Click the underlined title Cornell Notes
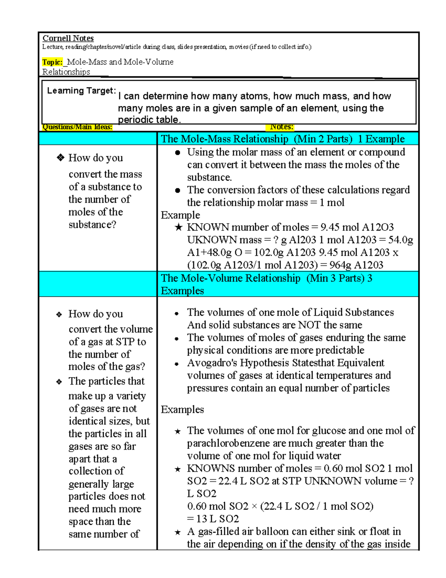pyautogui.click(x=68, y=38)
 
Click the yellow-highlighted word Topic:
pyautogui.click(x=52, y=62)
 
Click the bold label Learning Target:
pyautogui.click(x=81, y=90)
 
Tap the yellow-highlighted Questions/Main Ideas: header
pyautogui.click(x=77, y=127)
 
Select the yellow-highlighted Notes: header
pyautogui.click(x=281, y=127)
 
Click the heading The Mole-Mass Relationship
pyautogui.click(x=224, y=139)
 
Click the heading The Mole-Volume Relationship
pyautogui.click(x=230, y=278)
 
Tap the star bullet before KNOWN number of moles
pyautogui.click(x=178, y=227)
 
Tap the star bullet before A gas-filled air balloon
pyautogui.click(x=178, y=532)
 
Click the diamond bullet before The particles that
pyautogui.click(x=59, y=382)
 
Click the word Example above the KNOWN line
pyautogui.click(x=180, y=215)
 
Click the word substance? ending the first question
pyautogui.click(x=92, y=225)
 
